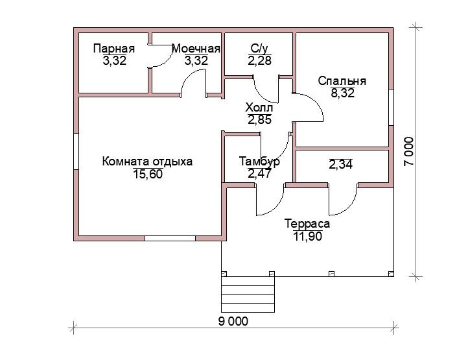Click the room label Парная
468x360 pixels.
click(x=114, y=49)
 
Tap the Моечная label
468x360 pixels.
click(x=196, y=49)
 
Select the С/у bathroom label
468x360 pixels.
click(x=259, y=49)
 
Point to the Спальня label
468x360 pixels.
click(x=342, y=81)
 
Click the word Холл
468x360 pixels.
click(x=259, y=107)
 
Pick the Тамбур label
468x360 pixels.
click(x=259, y=162)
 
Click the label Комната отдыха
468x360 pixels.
click(x=147, y=162)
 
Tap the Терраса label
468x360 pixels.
click(x=307, y=224)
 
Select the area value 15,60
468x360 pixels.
click(x=148, y=174)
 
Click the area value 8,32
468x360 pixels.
click(x=342, y=93)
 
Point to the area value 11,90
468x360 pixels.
click(x=308, y=236)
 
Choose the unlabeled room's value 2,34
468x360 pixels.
click(x=340, y=164)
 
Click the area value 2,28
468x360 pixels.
click(x=259, y=60)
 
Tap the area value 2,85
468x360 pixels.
click(x=259, y=119)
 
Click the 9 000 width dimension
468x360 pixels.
click(x=233, y=322)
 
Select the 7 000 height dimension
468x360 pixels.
click(x=408, y=152)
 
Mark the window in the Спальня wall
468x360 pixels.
click(x=391, y=107)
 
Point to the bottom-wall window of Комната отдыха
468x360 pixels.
click(x=170, y=238)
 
